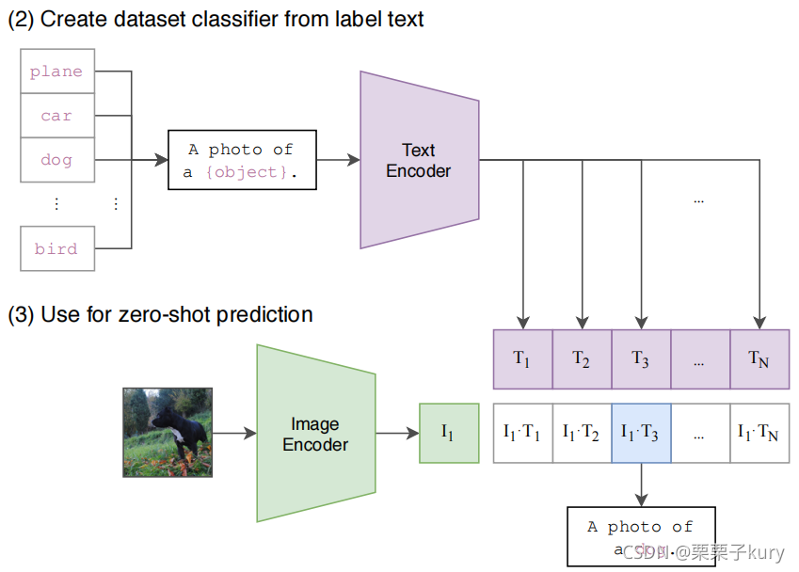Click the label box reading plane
tap(56, 71)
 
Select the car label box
tap(56, 116)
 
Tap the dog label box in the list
tap(56, 160)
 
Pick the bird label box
tap(56, 249)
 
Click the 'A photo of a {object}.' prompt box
tap(241, 161)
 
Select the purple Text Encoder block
tap(419, 160)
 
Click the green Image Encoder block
tap(315, 434)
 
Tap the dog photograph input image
tap(168, 433)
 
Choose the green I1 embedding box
tap(447, 434)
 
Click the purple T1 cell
tap(522, 358)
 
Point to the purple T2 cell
tap(582, 358)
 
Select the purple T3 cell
tap(641, 358)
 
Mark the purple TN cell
tap(759, 358)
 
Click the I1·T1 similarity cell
tap(522, 433)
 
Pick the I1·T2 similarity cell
tap(582, 433)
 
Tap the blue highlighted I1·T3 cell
tap(641, 433)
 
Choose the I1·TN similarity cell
tap(759, 433)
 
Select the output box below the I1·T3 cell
tap(641, 536)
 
